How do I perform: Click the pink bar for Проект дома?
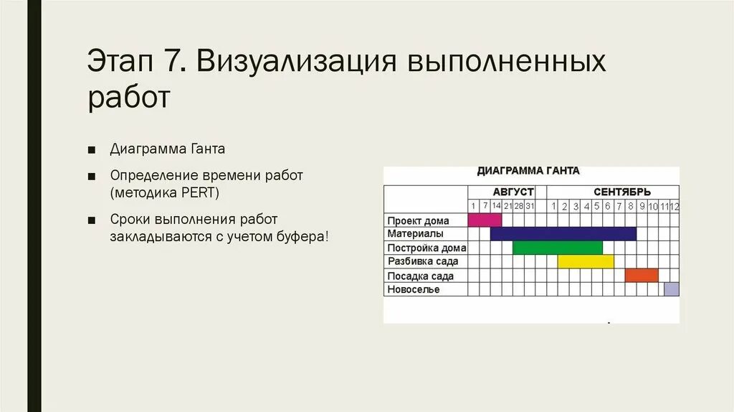pyautogui.click(x=485, y=220)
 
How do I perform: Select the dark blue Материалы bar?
pyautogui.click(x=563, y=234)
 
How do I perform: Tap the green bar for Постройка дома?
pyautogui.click(x=558, y=248)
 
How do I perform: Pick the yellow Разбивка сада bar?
pyautogui.click(x=585, y=261)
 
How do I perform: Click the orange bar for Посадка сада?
pyautogui.click(x=642, y=275)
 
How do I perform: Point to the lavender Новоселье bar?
pyautogui.click(x=671, y=289)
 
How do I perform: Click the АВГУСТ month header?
pyautogui.click(x=513, y=192)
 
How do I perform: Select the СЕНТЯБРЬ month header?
pyautogui.click(x=621, y=192)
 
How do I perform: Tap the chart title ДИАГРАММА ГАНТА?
pyautogui.click(x=528, y=172)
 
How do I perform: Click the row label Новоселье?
pyautogui.click(x=414, y=289)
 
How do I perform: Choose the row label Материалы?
pyautogui.click(x=416, y=234)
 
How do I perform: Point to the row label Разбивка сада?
pyautogui.click(x=423, y=261)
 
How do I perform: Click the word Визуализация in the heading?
pyautogui.click(x=294, y=62)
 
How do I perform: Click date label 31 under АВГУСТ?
pyautogui.click(x=530, y=206)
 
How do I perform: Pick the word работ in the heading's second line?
pyautogui.click(x=129, y=98)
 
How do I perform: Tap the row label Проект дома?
pyautogui.click(x=419, y=220)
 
